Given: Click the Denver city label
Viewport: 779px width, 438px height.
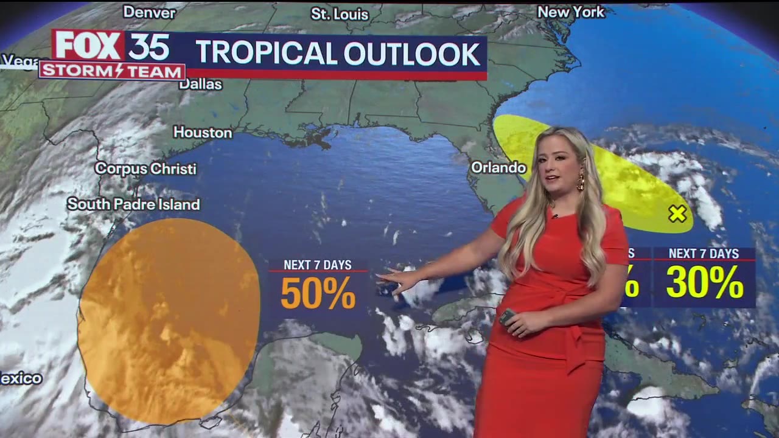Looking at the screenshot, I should pyautogui.click(x=149, y=12).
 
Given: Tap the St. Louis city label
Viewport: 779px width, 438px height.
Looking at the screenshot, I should pyautogui.click(x=340, y=14).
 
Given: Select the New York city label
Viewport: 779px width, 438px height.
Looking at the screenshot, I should pyautogui.click(x=571, y=12).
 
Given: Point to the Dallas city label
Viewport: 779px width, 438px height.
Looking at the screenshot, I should pyautogui.click(x=200, y=84).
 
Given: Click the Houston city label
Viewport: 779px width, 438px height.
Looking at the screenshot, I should pyautogui.click(x=203, y=132).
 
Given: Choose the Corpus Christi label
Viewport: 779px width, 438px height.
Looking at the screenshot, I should pyautogui.click(x=145, y=169).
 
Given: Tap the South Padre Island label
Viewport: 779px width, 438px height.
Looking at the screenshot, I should pyautogui.click(x=133, y=204).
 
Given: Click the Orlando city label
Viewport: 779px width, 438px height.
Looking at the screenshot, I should pyautogui.click(x=498, y=167).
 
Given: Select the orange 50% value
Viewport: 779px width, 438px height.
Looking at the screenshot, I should pyautogui.click(x=318, y=293).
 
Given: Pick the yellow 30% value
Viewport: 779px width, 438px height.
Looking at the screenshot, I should pyautogui.click(x=704, y=282).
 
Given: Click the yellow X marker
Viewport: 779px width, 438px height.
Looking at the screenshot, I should pyautogui.click(x=677, y=214).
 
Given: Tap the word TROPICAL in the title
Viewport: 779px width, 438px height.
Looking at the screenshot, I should pyautogui.click(x=267, y=54).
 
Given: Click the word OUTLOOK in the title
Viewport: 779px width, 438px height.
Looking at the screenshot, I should pyautogui.click(x=412, y=54).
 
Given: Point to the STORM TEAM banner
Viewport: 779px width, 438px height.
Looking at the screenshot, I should pyautogui.click(x=112, y=71).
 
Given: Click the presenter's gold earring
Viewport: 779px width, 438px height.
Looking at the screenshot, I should pyautogui.click(x=580, y=181).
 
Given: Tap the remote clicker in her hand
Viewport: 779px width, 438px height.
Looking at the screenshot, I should pyautogui.click(x=507, y=316).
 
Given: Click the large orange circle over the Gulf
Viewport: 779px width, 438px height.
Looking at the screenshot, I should pyautogui.click(x=169, y=321).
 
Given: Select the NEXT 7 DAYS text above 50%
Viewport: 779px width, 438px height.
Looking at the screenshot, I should pyautogui.click(x=318, y=265).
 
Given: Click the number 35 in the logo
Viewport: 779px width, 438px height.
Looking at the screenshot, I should pyautogui.click(x=148, y=46).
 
